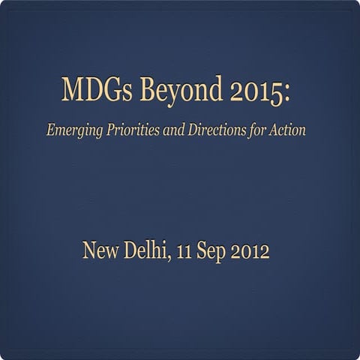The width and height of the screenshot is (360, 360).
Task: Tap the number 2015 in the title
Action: [241, 92]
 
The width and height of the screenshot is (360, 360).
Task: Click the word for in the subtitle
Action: [262, 129]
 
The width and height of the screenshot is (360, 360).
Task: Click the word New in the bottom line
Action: [100, 250]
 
